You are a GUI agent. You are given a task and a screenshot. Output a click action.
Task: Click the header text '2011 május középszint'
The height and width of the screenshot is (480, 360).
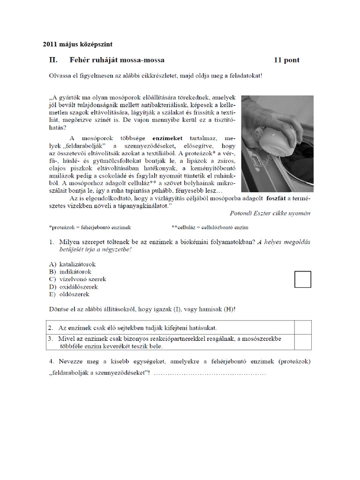(x=77, y=45)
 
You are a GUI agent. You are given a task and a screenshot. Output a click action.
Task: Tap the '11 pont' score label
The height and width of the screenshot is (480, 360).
(x=286, y=60)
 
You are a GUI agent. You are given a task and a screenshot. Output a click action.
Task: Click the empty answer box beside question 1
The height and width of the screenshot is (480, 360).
(x=302, y=279)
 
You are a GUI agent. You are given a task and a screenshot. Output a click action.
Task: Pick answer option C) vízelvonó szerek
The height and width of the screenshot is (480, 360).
(x=77, y=279)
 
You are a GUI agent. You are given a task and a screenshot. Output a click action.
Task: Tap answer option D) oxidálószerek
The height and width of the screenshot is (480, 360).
(x=74, y=287)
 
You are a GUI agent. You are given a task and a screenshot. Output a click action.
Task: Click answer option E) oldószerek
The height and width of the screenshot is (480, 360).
(x=69, y=294)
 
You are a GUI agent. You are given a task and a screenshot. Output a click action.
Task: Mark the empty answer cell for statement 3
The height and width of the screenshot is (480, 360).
(x=302, y=342)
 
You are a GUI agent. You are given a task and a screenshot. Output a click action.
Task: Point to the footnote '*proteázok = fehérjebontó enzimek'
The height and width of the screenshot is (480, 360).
(x=90, y=227)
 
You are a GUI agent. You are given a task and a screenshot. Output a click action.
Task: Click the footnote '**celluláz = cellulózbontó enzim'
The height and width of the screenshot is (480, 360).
(x=210, y=227)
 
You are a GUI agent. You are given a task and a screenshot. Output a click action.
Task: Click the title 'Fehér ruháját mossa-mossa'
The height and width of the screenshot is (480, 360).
(x=117, y=60)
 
